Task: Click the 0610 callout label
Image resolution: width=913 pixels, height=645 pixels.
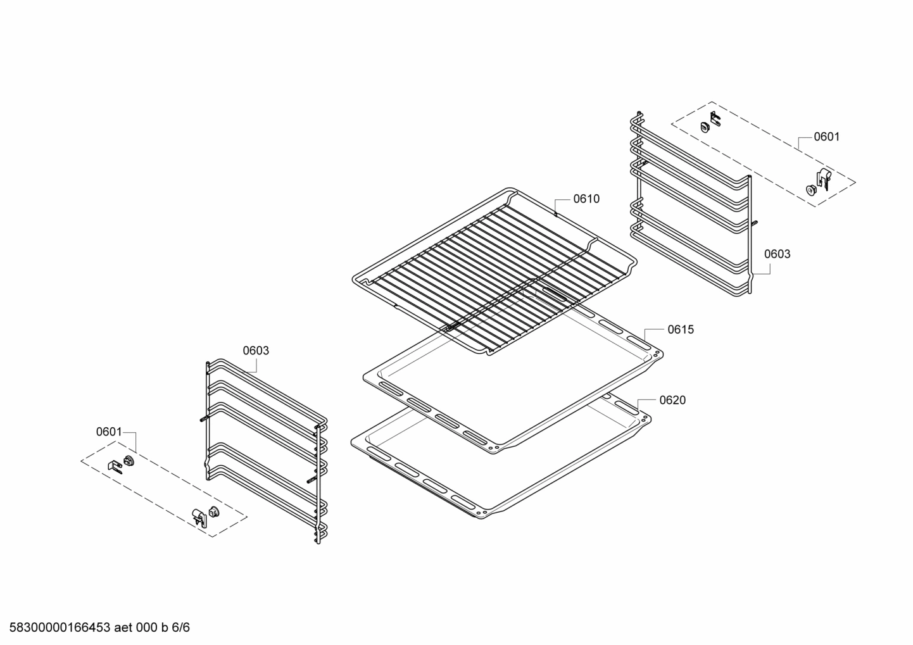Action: pos(586,199)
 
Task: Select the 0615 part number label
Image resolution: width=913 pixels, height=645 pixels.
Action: pos(680,329)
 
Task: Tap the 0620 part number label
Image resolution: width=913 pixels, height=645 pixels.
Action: pos(672,400)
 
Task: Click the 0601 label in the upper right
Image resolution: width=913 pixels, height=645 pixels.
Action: pos(826,137)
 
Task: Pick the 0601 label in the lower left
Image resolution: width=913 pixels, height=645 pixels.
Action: pos(108,432)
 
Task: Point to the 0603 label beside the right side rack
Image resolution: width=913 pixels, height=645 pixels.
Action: pos(777,254)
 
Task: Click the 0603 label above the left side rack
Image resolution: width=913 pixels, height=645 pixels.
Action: pos(256,351)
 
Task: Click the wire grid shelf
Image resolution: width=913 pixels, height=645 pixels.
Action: pos(494,266)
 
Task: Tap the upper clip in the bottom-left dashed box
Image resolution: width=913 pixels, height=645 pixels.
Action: pos(123,463)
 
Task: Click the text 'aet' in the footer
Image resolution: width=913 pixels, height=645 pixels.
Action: pos(124,628)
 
